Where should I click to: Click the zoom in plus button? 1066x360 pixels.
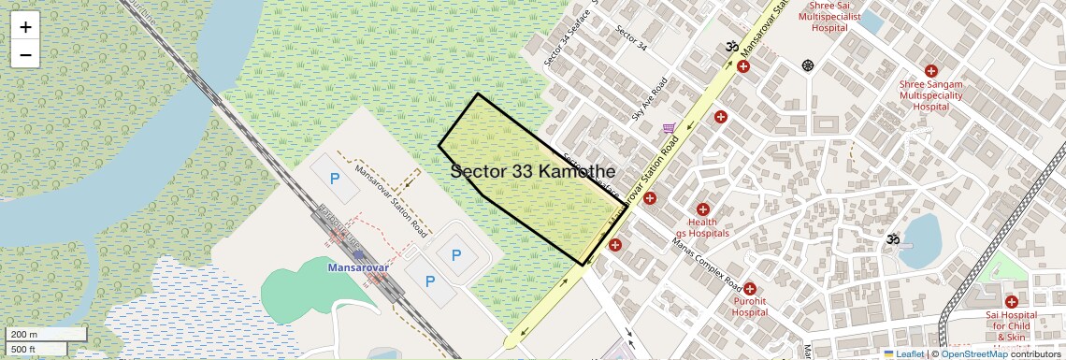point(25,27)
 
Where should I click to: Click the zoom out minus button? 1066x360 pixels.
point(25,54)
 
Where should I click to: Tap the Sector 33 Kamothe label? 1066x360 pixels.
point(532,172)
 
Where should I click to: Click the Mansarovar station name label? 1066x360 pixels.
point(357,267)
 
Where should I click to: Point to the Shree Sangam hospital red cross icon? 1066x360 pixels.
point(930,71)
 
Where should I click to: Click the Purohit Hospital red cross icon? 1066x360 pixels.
point(749,289)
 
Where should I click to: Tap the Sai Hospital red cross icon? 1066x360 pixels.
point(1011,302)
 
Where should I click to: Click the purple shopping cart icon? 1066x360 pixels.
point(669,129)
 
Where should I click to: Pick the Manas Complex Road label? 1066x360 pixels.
point(706,261)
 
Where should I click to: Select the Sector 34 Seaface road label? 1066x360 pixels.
point(568,43)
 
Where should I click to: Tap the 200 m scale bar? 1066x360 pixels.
point(47,334)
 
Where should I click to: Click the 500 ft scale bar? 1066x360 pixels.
point(37,350)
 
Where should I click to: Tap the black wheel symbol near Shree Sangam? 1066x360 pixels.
point(808,65)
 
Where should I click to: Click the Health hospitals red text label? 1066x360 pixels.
point(702,227)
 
